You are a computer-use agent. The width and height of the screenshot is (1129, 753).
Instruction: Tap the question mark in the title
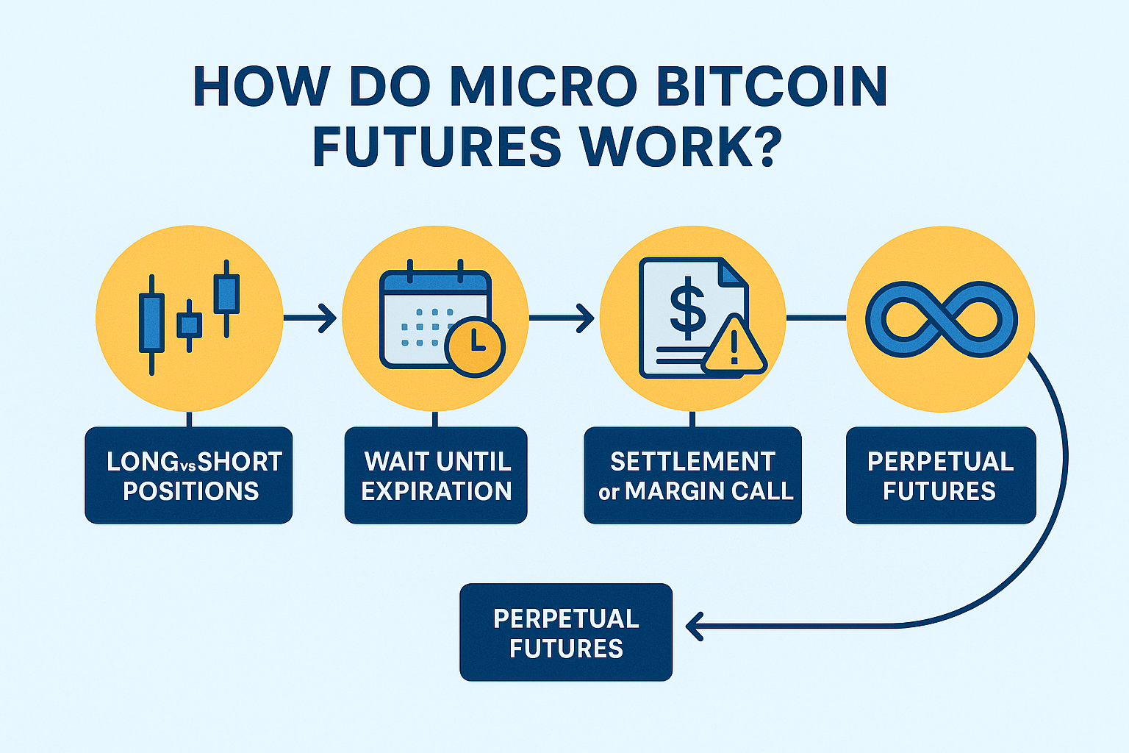coord(761,146)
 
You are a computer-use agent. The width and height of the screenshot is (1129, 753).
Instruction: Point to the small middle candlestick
coord(189,325)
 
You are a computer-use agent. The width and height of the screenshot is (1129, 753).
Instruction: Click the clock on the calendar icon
coord(474,347)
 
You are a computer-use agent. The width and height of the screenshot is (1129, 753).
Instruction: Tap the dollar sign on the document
coord(687,311)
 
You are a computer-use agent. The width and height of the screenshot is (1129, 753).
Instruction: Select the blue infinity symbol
coord(941,319)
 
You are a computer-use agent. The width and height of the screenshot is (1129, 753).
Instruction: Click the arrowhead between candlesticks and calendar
coord(329,318)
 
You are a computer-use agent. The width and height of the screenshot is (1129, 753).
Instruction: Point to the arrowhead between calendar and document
coord(586,318)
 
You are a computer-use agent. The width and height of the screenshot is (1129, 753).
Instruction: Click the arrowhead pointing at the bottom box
coord(694,627)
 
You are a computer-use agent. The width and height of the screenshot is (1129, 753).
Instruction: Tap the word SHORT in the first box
coord(239,462)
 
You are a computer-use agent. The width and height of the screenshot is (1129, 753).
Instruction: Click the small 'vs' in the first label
coord(187,465)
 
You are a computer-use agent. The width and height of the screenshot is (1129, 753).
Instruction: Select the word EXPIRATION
coord(437,491)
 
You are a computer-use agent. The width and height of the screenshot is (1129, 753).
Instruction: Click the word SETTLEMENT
coord(692,462)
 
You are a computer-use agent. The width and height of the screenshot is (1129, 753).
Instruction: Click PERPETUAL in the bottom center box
coord(566,619)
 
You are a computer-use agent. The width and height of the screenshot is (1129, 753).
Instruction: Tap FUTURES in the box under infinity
coord(939,491)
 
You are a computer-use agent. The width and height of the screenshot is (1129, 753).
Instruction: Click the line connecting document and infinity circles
coord(816,318)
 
